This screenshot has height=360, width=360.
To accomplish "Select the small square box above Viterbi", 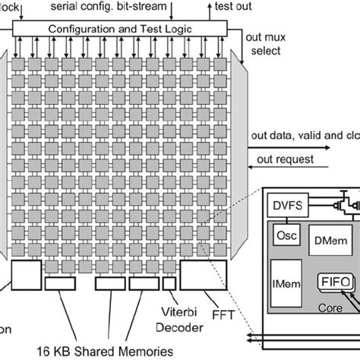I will [x=170, y=283].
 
